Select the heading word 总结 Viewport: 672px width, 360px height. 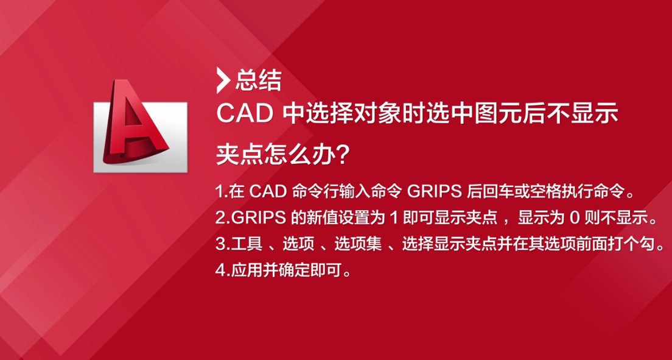[259, 80]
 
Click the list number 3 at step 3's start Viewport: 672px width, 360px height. [220, 245]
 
